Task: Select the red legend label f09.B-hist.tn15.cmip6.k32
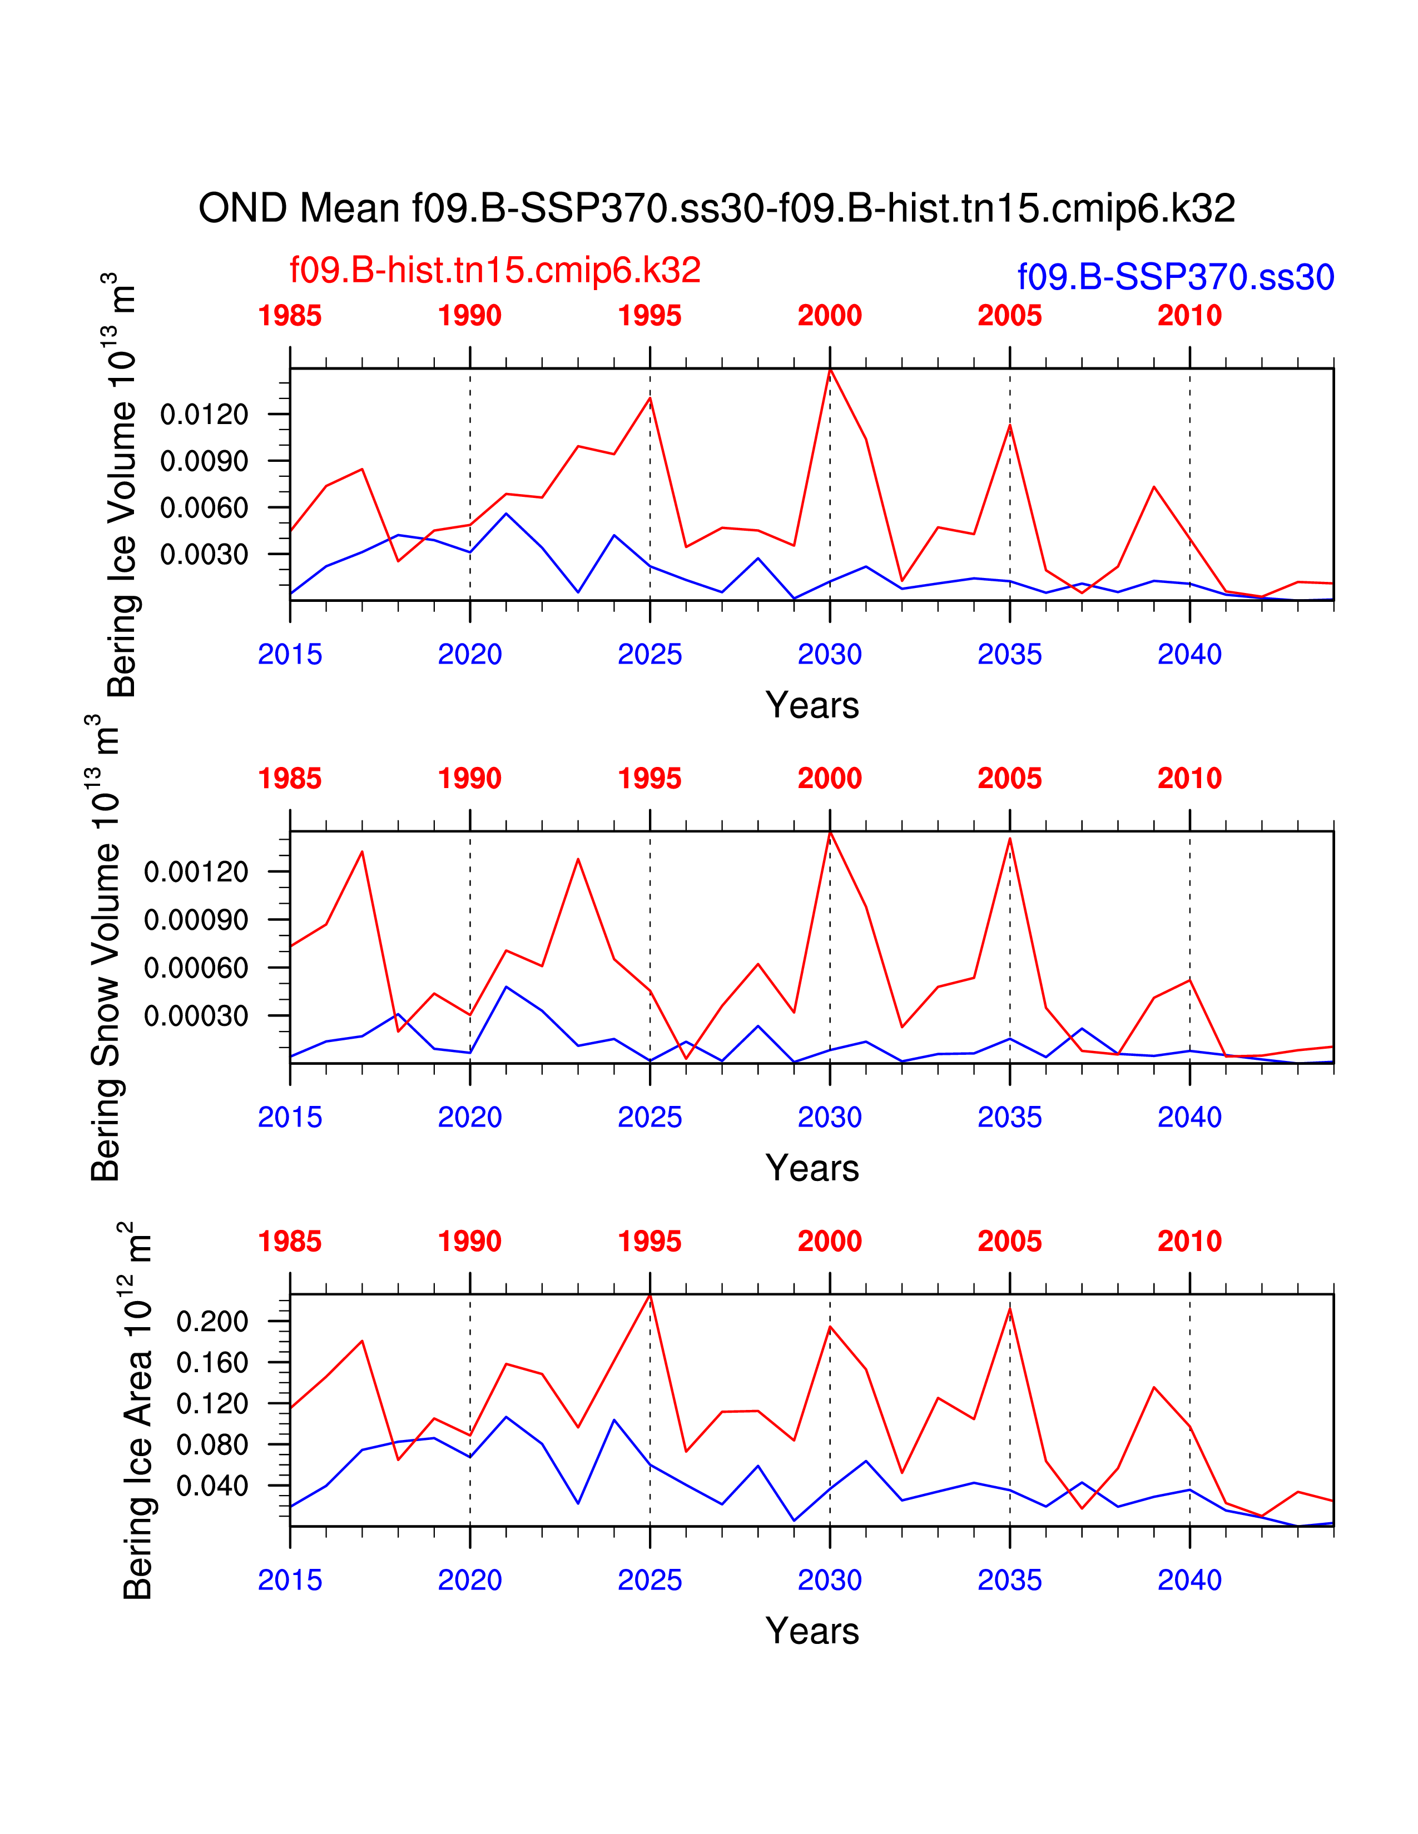point(495,271)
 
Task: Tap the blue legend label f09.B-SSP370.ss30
point(1175,277)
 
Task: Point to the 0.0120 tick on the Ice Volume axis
point(204,414)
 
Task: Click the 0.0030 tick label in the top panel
point(204,554)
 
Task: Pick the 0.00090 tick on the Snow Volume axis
point(196,920)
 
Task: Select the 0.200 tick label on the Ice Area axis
point(212,1321)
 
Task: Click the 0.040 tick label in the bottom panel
point(212,1486)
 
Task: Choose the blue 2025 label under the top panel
point(649,654)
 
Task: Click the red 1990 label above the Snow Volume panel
point(469,779)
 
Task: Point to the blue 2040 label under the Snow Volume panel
point(1189,1117)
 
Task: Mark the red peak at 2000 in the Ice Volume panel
point(830,370)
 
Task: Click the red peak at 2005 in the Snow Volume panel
point(1010,838)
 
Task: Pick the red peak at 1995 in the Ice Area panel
point(650,1295)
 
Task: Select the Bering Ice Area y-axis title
point(137,1411)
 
